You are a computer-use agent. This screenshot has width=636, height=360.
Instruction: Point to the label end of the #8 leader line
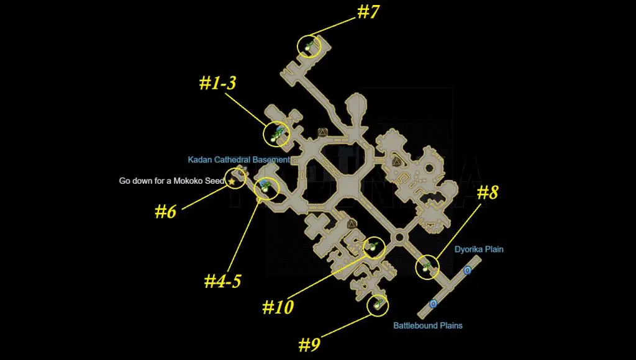pyautogui.click(x=481, y=204)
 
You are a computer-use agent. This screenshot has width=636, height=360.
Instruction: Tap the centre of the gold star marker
pyautogui.click(x=232, y=181)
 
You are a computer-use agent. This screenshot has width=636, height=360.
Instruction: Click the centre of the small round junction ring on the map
pyautogui.click(x=399, y=236)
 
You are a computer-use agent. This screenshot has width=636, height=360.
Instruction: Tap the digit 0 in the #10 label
pyautogui.click(x=288, y=307)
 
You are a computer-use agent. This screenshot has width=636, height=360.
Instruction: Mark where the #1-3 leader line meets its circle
pyautogui.click(x=266, y=125)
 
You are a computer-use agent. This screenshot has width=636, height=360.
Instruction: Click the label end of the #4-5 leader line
pyautogui.click(x=227, y=271)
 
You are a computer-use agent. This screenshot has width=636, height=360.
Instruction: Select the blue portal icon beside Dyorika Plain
pyautogui.click(x=467, y=270)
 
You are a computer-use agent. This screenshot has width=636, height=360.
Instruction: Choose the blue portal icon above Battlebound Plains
pyautogui.click(x=433, y=304)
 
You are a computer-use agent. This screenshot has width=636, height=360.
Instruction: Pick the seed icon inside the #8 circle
pyautogui.click(x=426, y=267)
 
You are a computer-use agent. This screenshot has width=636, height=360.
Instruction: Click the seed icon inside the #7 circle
pyautogui.click(x=309, y=46)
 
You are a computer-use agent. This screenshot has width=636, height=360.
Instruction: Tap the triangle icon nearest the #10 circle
pyautogui.click(x=352, y=224)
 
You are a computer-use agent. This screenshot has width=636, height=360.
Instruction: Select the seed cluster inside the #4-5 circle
pyautogui.click(x=265, y=186)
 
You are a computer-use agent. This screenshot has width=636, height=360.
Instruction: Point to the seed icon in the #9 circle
pyautogui.click(x=378, y=304)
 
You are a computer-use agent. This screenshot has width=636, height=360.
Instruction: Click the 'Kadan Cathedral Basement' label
pyautogui.click(x=239, y=160)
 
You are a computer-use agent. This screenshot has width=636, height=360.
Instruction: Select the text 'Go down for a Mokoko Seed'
pyautogui.click(x=171, y=181)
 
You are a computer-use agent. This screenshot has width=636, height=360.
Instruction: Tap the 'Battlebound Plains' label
pyautogui.click(x=428, y=325)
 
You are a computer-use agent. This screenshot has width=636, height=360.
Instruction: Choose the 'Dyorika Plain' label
pyautogui.click(x=479, y=250)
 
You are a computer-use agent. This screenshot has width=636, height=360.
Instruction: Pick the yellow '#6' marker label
pyautogui.click(x=165, y=212)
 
